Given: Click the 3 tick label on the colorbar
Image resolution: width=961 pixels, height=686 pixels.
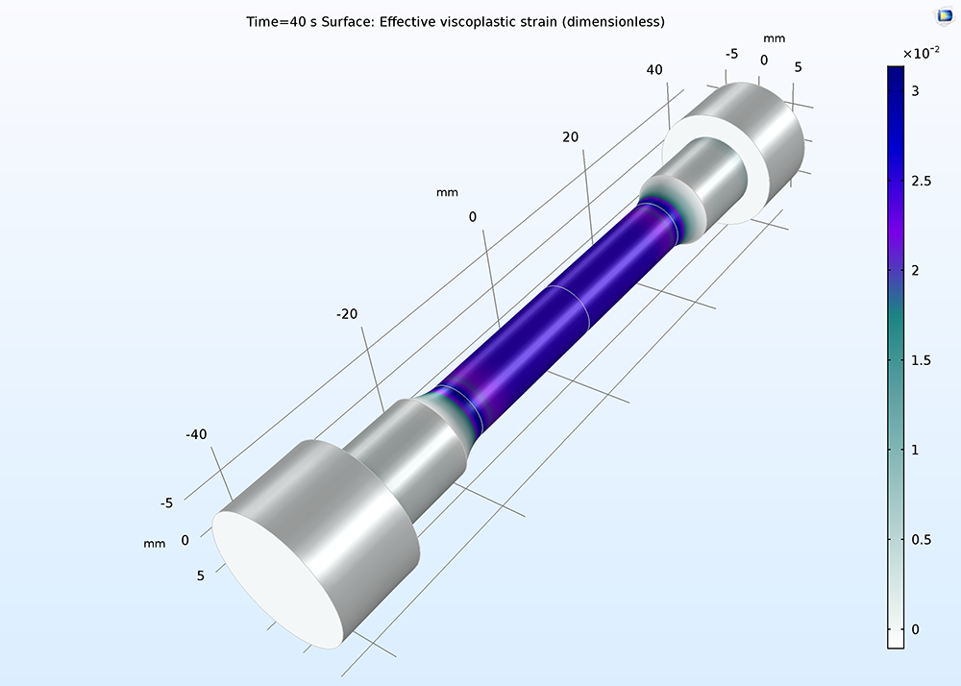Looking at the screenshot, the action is pyautogui.click(x=915, y=91).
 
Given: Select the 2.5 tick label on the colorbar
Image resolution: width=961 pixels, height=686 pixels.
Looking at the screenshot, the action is pyautogui.click(x=921, y=182).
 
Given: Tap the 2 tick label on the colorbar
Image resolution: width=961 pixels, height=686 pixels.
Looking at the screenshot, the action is pyautogui.click(x=915, y=271).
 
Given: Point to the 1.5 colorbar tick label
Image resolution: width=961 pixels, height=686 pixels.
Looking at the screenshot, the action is pyautogui.click(x=921, y=360).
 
